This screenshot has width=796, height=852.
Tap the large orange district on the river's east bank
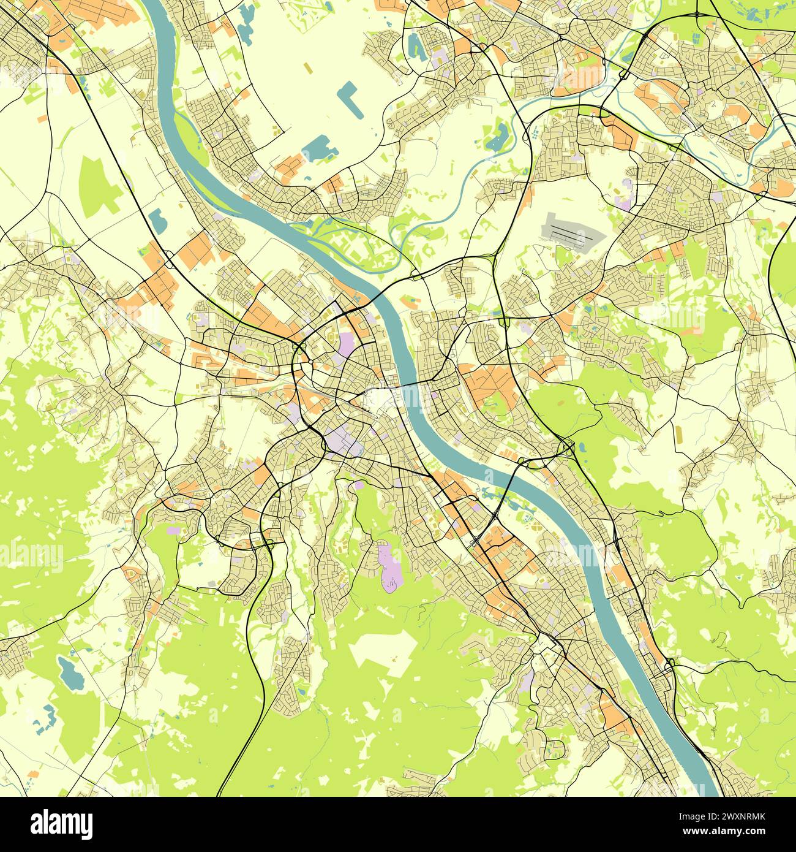point(490,386)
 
